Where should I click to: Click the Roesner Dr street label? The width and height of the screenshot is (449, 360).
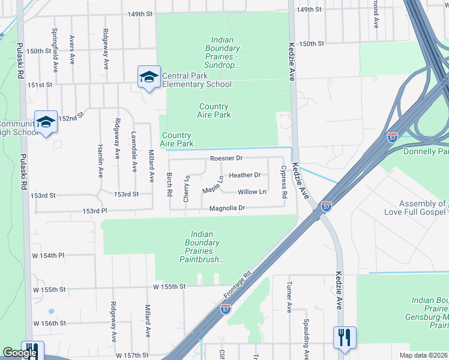226,158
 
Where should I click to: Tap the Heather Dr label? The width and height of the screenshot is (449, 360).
249,175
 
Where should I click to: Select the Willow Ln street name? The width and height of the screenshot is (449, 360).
252,192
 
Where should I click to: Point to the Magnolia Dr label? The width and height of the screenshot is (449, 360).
228,208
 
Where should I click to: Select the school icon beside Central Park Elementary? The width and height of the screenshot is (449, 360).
149,77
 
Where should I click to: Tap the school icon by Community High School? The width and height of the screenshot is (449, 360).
46,122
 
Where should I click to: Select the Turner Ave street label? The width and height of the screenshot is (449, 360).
289,298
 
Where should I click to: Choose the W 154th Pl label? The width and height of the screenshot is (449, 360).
49,256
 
